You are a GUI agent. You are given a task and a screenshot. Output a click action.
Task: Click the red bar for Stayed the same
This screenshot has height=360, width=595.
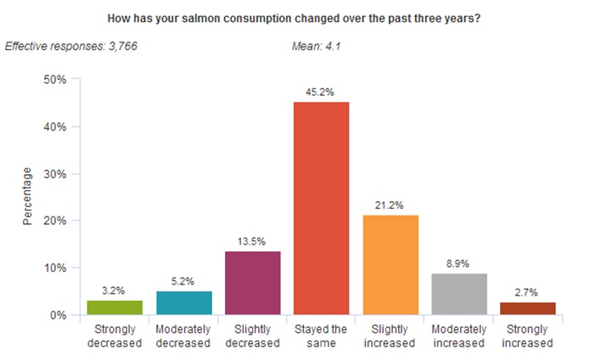(321, 208)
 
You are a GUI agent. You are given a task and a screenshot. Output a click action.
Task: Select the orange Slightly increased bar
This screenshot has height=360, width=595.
(390, 265)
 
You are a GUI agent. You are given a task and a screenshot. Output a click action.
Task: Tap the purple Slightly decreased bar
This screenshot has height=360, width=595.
(252, 283)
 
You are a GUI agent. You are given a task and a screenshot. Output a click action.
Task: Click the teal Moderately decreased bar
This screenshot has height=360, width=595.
(183, 302)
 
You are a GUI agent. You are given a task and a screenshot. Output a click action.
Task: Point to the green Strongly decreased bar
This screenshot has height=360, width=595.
(115, 307)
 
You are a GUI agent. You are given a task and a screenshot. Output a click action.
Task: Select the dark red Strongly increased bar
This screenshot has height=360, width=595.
(527, 308)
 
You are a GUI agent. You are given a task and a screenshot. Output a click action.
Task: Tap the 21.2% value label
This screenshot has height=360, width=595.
(390, 205)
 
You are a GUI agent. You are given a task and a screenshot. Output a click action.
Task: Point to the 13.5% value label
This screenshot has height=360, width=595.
(252, 241)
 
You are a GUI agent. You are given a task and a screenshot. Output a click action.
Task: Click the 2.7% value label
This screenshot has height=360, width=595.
(527, 292)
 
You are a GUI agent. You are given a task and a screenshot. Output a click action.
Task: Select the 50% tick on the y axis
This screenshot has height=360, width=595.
(55, 80)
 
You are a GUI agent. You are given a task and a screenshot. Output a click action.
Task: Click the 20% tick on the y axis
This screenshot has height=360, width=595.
(55, 221)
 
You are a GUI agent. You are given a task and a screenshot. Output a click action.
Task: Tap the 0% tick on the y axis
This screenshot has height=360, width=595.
(58, 315)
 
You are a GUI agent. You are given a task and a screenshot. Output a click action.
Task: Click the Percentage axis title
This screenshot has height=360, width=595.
(27, 197)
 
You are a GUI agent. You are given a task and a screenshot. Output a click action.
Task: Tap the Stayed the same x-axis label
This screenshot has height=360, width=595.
(321, 336)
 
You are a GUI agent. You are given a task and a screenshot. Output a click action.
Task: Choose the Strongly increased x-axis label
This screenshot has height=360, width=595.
(527, 336)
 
